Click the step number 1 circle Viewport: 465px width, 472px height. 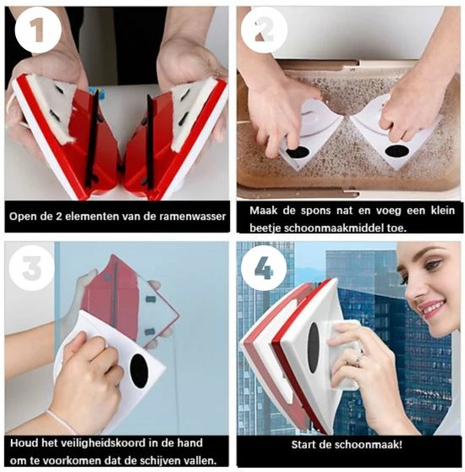point(38,30)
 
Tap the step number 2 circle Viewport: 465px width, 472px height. point(264,30)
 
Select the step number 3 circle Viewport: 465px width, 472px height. point(32,267)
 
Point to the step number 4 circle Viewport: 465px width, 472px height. point(264,267)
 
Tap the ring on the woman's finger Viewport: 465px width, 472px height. point(359,357)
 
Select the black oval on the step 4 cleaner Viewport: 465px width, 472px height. point(314,348)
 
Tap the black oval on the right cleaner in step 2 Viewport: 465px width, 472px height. point(397,151)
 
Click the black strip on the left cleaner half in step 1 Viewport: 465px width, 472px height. point(92,138)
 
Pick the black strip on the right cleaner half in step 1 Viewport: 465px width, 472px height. point(150,141)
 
